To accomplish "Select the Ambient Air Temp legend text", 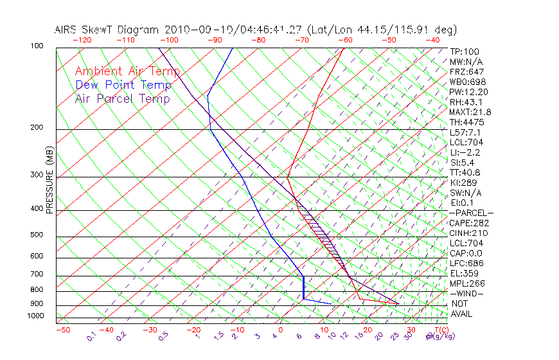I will pyautogui.click(x=127, y=71).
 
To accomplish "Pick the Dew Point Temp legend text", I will pyautogui.click(x=123, y=85).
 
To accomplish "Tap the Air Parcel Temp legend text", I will pyautogui.click(x=122, y=98).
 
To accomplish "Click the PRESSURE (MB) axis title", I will pyautogui.click(x=49, y=180).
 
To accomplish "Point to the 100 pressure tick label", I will pyautogui.click(x=37, y=46).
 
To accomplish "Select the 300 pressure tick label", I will pyautogui.click(x=37, y=175).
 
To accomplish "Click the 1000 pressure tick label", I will pyautogui.click(x=35, y=316).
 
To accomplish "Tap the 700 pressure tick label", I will pyautogui.click(x=37, y=274).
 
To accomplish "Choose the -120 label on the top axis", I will pyautogui.click(x=82, y=40).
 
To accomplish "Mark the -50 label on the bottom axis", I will pyautogui.click(x=62, y=330).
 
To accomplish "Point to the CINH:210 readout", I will pyautogui.click(x=468, y=233).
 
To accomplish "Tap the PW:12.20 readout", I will pyautogui.click(x=468, y=92).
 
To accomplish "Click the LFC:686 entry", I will pyautogui.click(x=466, y=263).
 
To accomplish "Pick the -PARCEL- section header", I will pyautogui.click(x=471, y=213).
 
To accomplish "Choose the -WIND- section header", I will pyautogui.click(x=466, y=293).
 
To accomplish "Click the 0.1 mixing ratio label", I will pyautogui.click(x=91, y=336).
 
